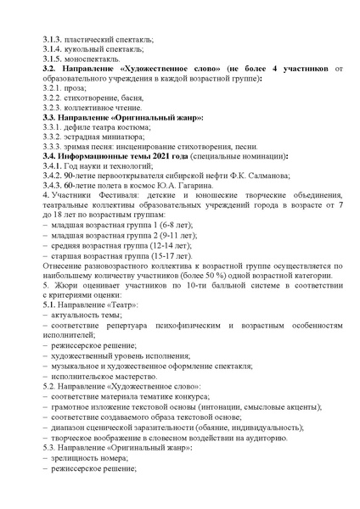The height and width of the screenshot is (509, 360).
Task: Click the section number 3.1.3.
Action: pos(52,40)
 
